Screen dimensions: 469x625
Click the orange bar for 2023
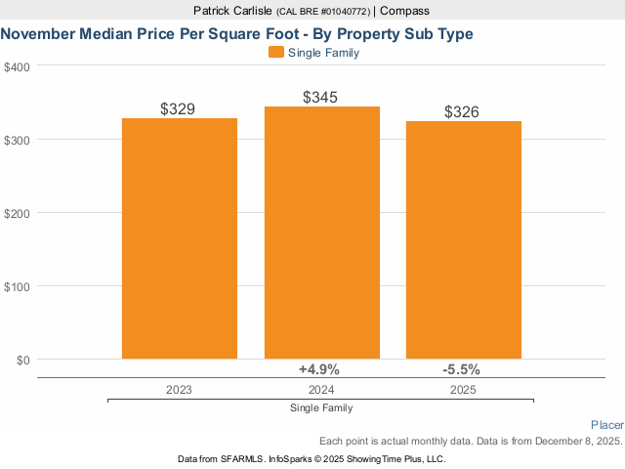click(180, 238)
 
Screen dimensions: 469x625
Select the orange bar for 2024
click(321, 233)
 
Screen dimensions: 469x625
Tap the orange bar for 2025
click(464, 240)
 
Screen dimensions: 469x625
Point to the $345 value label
click(320, 98)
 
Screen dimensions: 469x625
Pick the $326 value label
click(462, 112)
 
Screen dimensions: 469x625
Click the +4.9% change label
click(318, 369)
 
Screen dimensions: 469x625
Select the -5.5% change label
click(461, 369)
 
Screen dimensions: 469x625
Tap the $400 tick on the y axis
click(17, 66)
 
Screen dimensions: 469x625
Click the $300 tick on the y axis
click(17, 140)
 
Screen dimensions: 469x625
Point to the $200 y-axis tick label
click(17, 213)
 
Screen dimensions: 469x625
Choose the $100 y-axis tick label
click(17, 286)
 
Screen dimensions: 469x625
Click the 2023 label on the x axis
click(179, 389)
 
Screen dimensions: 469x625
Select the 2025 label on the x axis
click(463, 389)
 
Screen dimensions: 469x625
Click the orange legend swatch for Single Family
click(275, 53)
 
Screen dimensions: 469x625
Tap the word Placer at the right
click(607, 425)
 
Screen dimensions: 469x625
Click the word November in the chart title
click(39, 33)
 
